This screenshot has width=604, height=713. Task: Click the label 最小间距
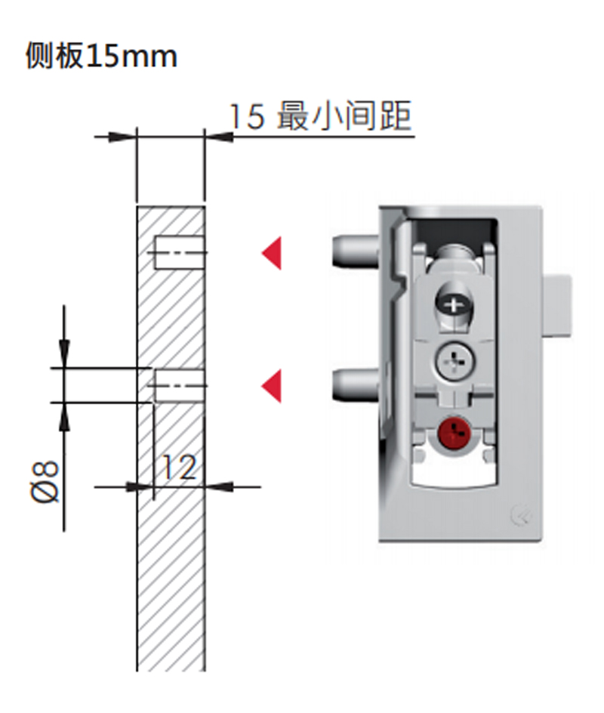344,117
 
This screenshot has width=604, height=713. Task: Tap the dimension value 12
179,468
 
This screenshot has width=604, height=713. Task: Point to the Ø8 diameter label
46,482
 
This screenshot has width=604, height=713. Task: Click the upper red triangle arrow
272,253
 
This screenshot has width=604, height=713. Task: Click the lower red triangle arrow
272,386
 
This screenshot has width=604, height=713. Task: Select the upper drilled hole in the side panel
179,253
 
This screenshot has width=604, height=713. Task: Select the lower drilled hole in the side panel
179,386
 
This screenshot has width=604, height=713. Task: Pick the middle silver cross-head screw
453,363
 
